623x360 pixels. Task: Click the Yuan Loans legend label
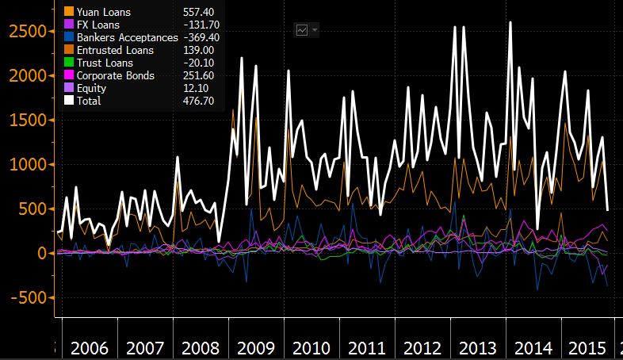(x=104, y=12)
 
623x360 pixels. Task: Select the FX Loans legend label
(x=99, y=25)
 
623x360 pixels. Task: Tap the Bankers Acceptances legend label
(x=127, y=37)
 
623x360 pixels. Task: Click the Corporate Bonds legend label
(x=114, y=75)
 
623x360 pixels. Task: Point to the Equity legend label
(x=91, y=88)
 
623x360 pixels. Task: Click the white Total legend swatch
(x=69, y=101)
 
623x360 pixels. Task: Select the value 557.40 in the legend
(x=198, y=12)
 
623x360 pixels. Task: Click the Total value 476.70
(x=198, y=101)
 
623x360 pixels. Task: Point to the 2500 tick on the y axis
(x=25, y=31)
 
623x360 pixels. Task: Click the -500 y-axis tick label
(x=28, y=298)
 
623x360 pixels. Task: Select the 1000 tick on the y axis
(x=25, y=165)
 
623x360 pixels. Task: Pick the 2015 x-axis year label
(x=587, y=348)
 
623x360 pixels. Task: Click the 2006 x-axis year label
(x=90, y=348)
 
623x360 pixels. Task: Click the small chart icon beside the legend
(x=302, y=30)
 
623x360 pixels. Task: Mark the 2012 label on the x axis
(x=422, y=348)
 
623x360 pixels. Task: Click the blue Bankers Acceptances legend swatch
(x=69, y=37)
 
